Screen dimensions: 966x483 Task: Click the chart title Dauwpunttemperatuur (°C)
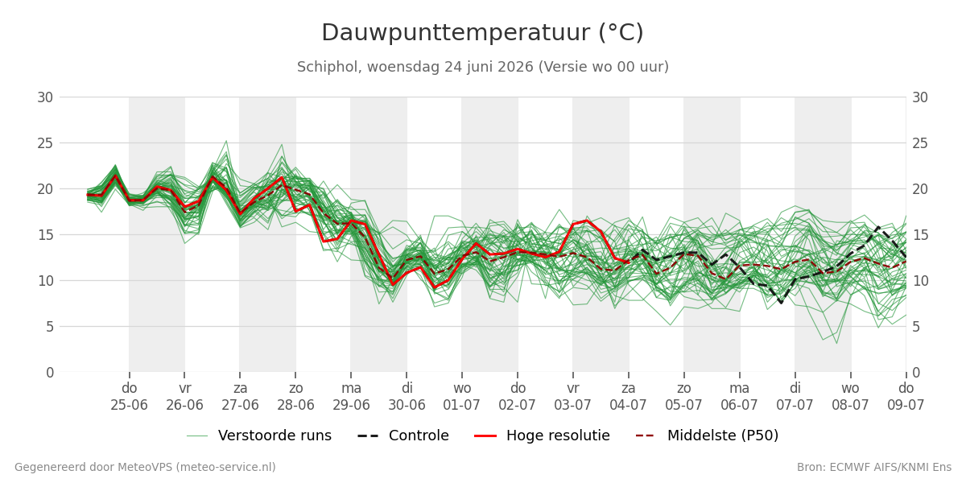[x=482, y=33]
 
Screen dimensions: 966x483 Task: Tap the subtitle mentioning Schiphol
[x=482, y=67]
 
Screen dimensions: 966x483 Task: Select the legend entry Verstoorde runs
[x=259, y=436]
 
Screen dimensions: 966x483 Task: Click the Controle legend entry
[x=403, y=436]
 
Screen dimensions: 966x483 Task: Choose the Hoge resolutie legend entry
[x=542, y=436]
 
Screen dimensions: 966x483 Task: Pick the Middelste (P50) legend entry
[x=708, y=436]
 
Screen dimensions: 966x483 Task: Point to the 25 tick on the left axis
[x=45, y=143]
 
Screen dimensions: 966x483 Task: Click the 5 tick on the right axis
[x=916, y=327]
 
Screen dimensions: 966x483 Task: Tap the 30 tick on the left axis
[x=45, y=97]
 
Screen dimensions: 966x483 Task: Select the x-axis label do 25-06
[x=129, y=397]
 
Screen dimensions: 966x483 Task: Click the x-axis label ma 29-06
[x=351, y=397]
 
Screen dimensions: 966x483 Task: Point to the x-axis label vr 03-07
[x=572, y=397]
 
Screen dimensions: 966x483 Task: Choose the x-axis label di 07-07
[x=795, y=397]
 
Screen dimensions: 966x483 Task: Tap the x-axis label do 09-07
[x=906, y=397]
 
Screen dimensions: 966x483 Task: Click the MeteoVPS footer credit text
[x=146, y=467]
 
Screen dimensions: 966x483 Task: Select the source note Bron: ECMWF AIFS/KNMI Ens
[x=874, y=467]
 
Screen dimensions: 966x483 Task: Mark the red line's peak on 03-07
[x=587, y=221]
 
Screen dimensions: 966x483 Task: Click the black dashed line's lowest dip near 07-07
[x=781, y=303]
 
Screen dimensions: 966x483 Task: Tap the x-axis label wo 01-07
[x=462, y=397]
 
